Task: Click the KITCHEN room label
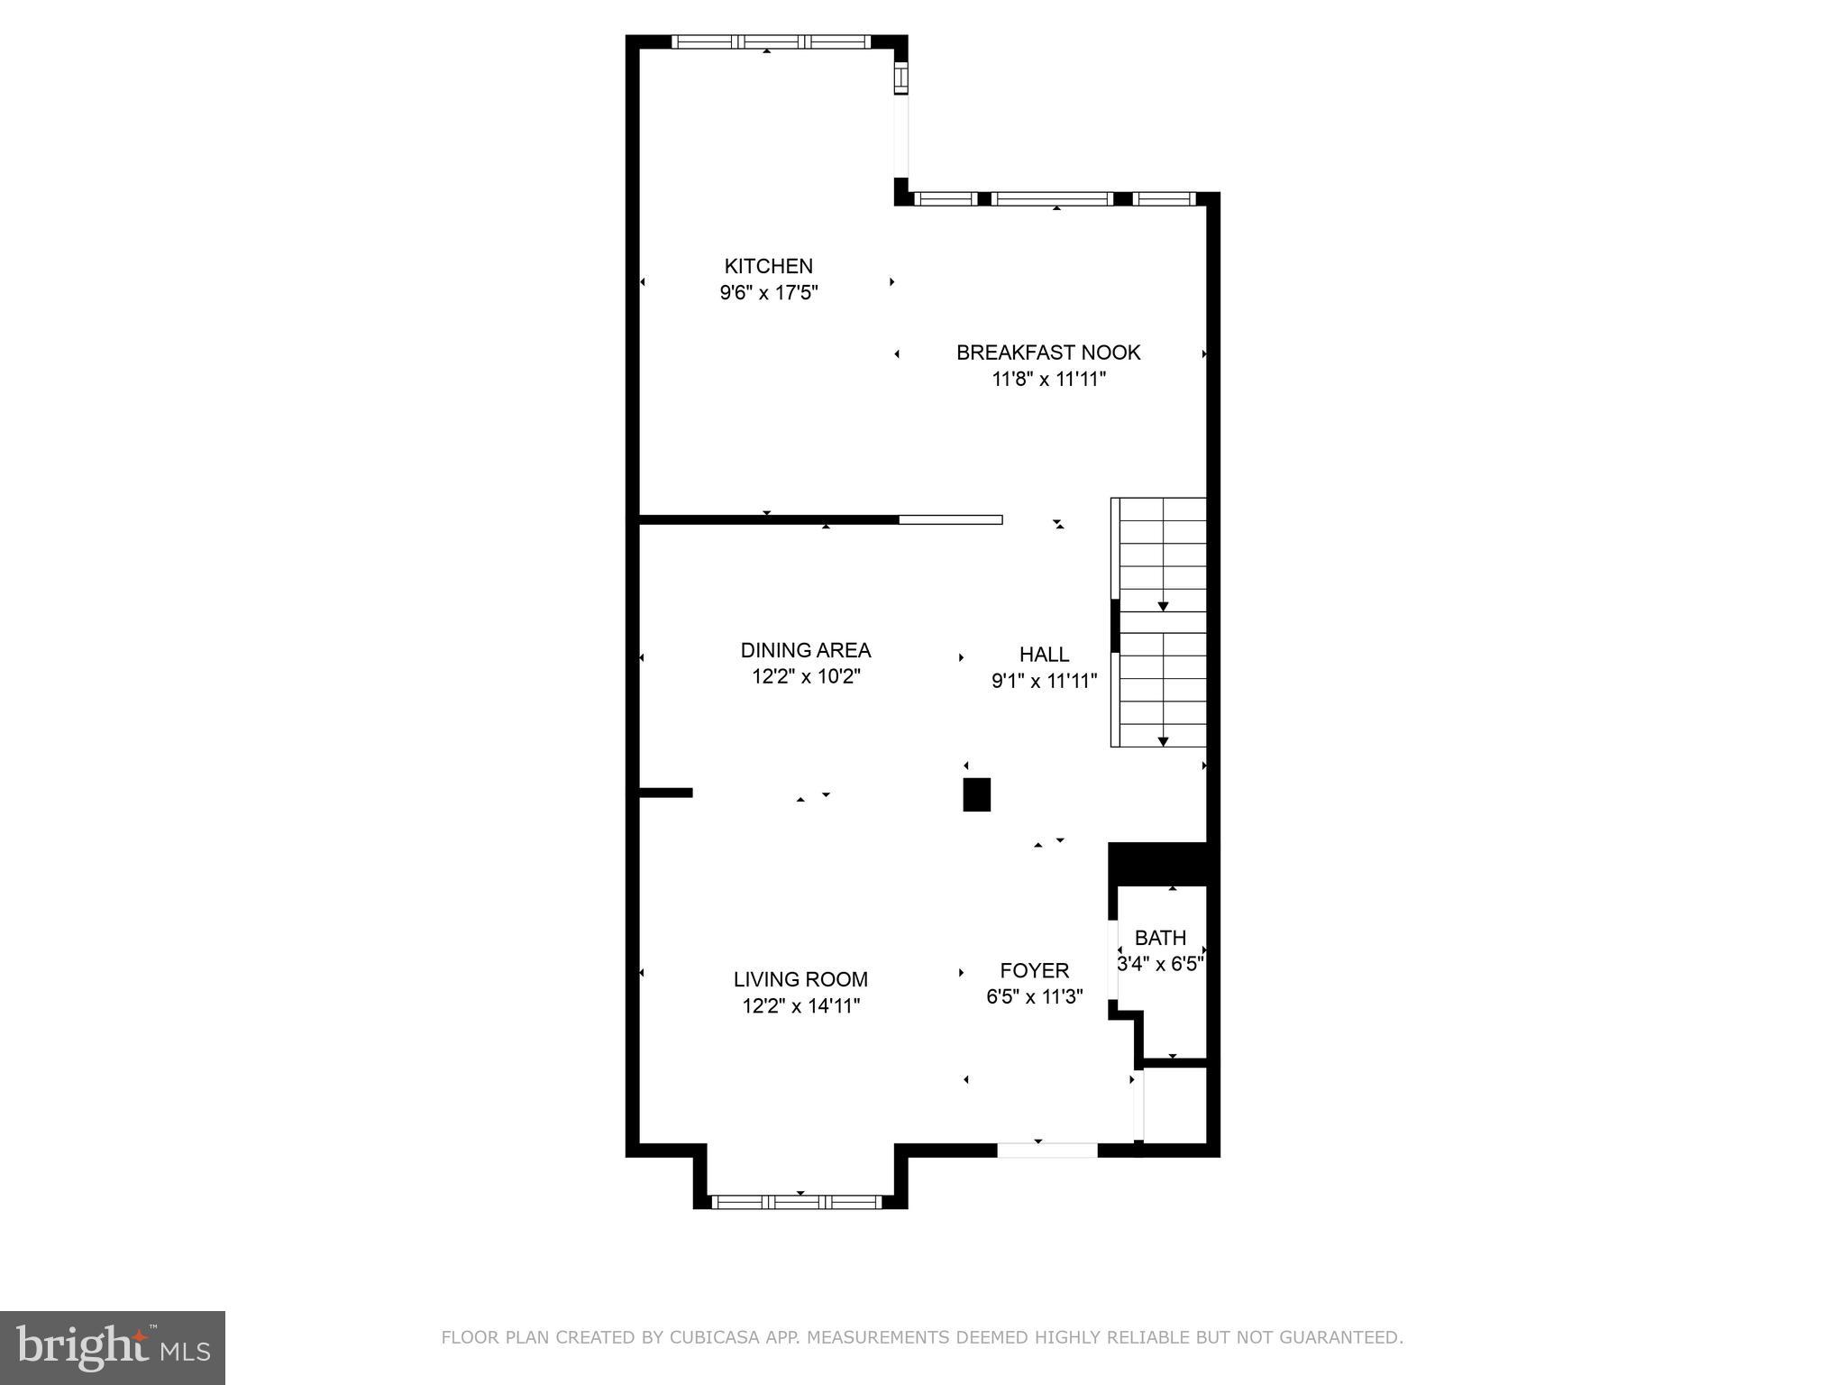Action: click(x=768, y=266)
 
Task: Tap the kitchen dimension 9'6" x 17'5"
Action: click(x=768, y=293)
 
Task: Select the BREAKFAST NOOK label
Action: click(x=1047, y=353)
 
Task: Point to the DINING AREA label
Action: click(x=805, y=650)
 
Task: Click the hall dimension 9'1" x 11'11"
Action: click(x=1044, y=682)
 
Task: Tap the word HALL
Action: click(x=1044, y=655)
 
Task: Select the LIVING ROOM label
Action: click(x=800, y=979)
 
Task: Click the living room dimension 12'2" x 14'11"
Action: click(x=800, y=1006)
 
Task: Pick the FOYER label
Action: click(x=1034, y=970)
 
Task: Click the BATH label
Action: click(x=1160, y=938)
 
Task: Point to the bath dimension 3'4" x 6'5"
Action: click(x=1160, y=964)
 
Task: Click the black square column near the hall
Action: click(x=976, y=794)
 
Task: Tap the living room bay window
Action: click(x=797, y=1201)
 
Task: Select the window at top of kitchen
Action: click(x=771, y=41)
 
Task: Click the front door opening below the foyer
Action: click(x=1046, y=1150)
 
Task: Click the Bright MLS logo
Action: click(x=112, y=1347)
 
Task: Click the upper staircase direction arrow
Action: click(x=1163, y=606)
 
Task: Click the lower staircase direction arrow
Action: click(x=1163, y=741)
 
